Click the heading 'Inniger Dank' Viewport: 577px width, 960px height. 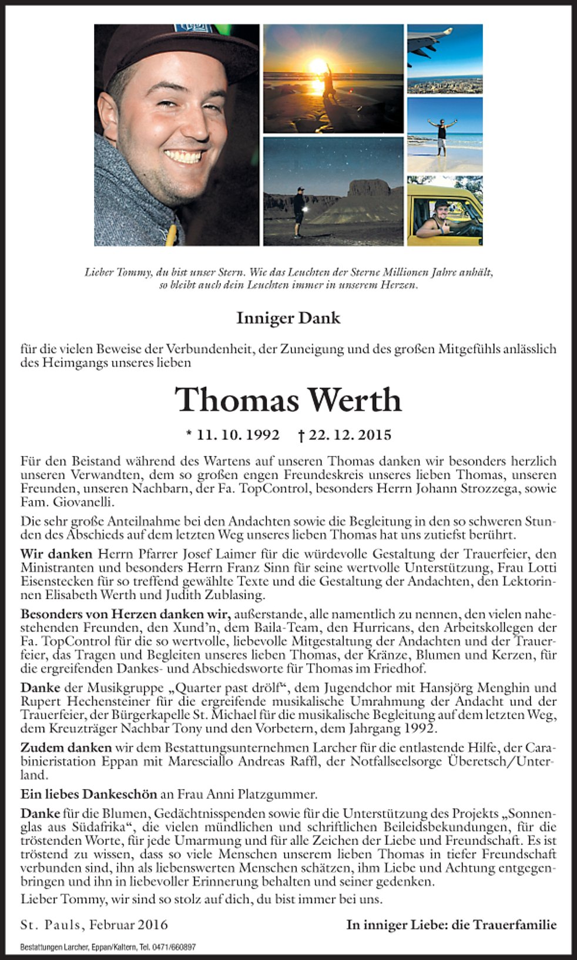[288, 318]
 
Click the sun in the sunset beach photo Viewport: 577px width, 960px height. [318, 65]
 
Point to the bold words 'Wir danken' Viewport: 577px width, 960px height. [56, 554]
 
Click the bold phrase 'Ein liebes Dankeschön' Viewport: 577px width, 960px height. [89, 794]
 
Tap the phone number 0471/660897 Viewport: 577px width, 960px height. [176, 947]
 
